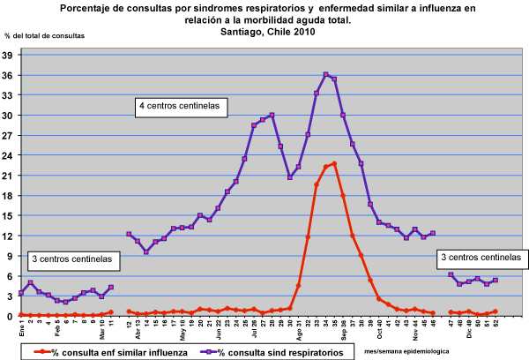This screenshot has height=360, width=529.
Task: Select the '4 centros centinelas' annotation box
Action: click(182, 108)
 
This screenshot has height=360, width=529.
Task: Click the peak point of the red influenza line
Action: click(334, 163)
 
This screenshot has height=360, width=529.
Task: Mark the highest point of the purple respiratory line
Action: click(326, 74)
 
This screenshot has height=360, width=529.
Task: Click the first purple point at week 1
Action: click(20, 293)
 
